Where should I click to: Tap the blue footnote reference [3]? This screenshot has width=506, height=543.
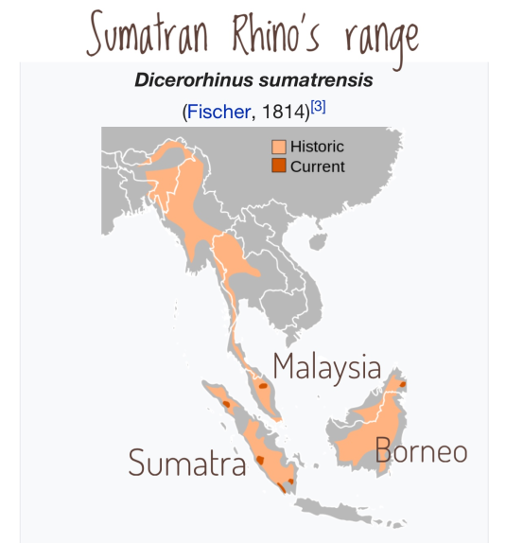(x=319, y=108)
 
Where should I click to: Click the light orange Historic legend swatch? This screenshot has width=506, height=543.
(x=279, y=147)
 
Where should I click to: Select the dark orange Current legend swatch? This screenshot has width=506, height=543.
(x=279, y=166)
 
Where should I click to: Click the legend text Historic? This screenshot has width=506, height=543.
(x=317, y=147)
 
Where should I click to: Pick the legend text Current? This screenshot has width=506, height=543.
(x=317, y=166)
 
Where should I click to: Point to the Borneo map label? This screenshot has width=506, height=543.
(x=421, y=450)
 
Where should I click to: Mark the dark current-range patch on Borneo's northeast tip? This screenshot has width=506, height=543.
(x=401, y=383)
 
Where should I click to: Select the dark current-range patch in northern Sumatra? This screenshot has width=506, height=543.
(x=226, y=404)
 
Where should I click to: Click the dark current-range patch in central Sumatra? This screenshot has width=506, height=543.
(x=259, y=460)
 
